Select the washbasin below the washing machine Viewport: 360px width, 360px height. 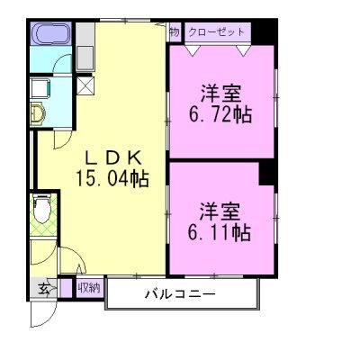tap(40, 113)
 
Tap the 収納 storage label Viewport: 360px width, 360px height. tap(88, 289)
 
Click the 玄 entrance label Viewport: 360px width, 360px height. tap(43, 289)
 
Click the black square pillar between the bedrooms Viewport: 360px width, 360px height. tap(267, 172)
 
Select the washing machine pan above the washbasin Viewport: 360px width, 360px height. tap(40, 88)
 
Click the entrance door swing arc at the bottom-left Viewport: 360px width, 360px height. tap(40, 317)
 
